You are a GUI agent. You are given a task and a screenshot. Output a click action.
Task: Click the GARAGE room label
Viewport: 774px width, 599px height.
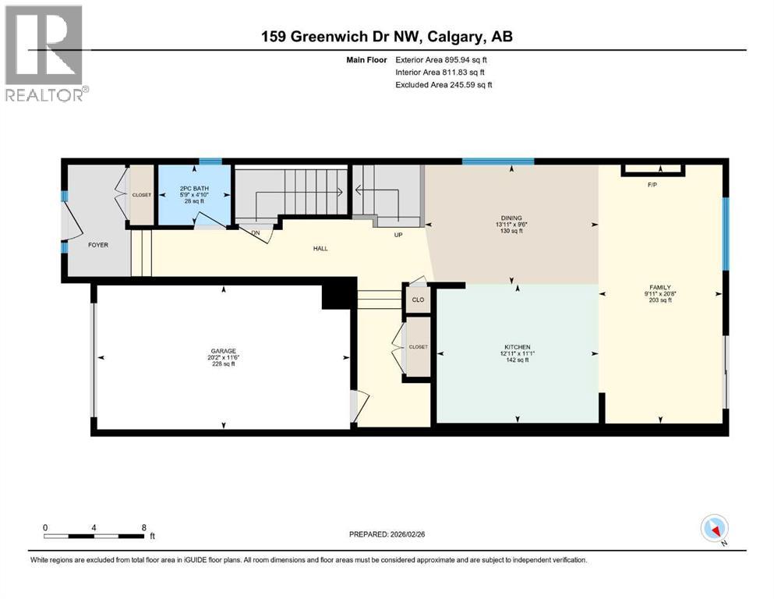(x=222, y=351)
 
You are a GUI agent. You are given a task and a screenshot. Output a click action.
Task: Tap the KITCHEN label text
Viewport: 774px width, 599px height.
(x=517, y=347)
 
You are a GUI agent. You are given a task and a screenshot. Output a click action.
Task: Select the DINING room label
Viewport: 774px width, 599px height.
(x=511, y=218)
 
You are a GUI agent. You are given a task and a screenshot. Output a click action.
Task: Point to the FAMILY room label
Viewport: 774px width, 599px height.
(x=659, y=287)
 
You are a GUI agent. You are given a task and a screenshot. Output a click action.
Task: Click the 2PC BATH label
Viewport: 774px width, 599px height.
(x=193, y=187)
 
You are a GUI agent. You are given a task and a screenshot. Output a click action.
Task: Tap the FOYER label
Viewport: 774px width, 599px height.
(x=98, y=245)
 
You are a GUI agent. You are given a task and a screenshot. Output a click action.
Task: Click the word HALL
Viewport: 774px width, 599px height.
(x=320, y=249)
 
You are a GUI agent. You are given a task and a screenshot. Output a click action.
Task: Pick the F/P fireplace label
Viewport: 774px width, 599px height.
(x=653, y=185)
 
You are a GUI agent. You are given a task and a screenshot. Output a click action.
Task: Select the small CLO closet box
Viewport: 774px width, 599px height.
(x=418, y=299)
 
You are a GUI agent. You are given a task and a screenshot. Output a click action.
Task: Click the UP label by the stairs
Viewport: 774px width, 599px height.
(x=397, y=235)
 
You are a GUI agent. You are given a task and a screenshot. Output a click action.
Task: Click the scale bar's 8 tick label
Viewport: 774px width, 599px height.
(x=144, y=527)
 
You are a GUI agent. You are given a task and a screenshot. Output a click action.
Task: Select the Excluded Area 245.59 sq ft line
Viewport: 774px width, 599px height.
(x=444, y=84)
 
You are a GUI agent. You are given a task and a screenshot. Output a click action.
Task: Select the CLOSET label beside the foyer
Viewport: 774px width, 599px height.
(x=142, y=195)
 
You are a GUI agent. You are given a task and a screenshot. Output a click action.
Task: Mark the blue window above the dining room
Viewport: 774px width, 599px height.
(x=497, y=161)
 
